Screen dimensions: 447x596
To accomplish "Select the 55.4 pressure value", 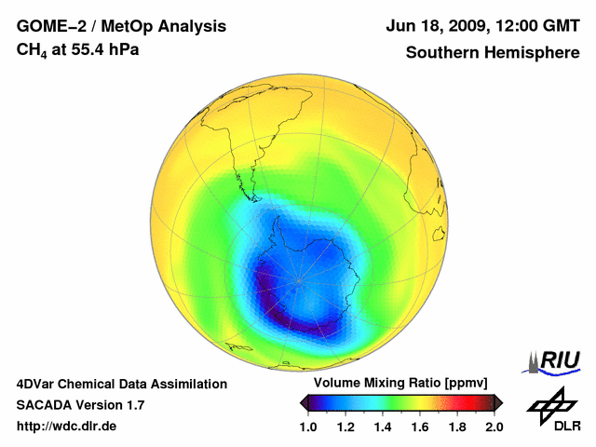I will pos(84,48).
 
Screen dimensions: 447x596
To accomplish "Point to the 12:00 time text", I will pos(520,26).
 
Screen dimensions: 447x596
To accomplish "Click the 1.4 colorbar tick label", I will pos(383,427).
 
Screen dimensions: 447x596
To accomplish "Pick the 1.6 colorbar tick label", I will pos(420,427).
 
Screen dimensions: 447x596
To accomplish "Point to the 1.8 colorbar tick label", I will pos(457,427).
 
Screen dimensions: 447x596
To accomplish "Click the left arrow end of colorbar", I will pos(303,402).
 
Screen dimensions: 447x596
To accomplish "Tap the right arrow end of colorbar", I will pos(499,402).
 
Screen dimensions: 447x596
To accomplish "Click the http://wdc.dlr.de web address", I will pos(67,427).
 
